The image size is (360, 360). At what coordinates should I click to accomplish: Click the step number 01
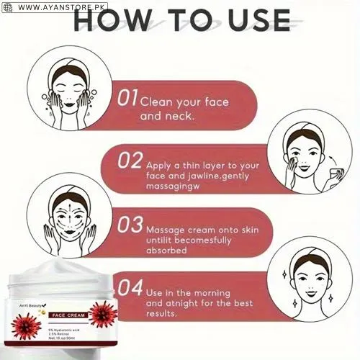click(127, 97)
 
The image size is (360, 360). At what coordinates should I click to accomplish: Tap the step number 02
click(130, 161)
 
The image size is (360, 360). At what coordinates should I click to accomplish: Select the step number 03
click(130, 224)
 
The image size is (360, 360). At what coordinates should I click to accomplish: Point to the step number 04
click(130, 288)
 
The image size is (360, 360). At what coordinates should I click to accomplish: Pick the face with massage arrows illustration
click(69, 215)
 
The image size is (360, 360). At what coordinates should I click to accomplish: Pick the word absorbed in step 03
click(167, 251)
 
